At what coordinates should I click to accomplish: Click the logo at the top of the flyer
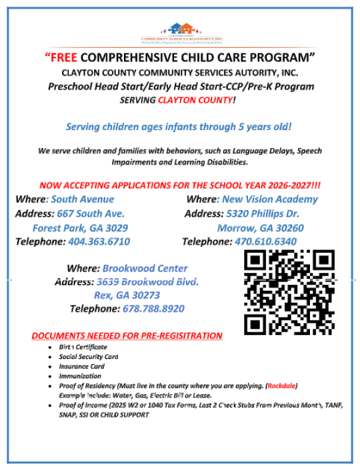[180, 32]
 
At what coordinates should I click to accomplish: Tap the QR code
[289, 292]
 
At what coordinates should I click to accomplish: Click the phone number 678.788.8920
[153, 309]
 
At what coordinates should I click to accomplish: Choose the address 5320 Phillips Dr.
[262, 213]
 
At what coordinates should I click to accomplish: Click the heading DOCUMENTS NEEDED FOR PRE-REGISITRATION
[127, 335]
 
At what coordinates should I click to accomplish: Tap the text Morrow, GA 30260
[261, 227]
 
